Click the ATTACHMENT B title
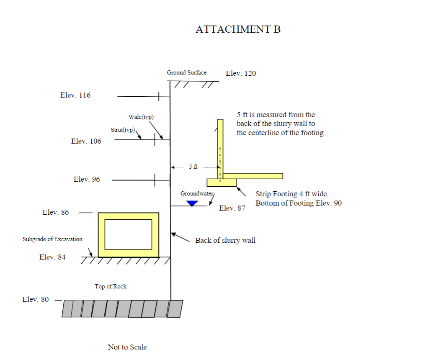click(238, 29)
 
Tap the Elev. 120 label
click(241, 74)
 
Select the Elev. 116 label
click(75, 95)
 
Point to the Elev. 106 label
click(86, 141)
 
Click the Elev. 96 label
click(87, 179)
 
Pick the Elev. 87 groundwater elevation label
click(232, 208)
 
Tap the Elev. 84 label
click(52, 257)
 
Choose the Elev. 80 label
click(35, 299)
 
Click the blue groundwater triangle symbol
click(192, 203)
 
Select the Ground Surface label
click(186, 72)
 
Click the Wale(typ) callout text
click(141, 117)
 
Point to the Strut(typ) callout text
click(123, 130)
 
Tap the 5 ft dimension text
click(193, 167)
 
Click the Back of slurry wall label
click(225, 240)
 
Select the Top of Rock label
click(111, 286)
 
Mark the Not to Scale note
click(127, 347)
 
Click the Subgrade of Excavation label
click(52, 239)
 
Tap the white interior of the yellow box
click(128, 234)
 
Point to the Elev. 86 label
click(56, 212)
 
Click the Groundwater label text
click(197, 193)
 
